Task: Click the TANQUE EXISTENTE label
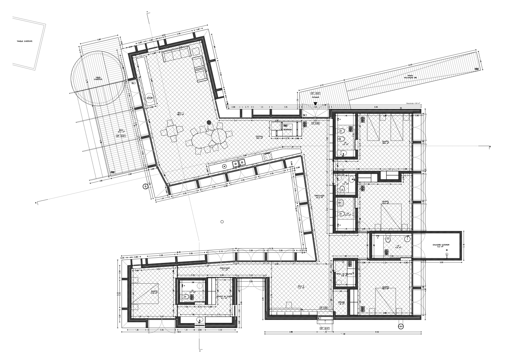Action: [24, 42]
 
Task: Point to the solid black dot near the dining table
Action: [209, 122]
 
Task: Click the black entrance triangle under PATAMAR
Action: [315, 103]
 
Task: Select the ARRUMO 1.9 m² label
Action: [341, 303]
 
